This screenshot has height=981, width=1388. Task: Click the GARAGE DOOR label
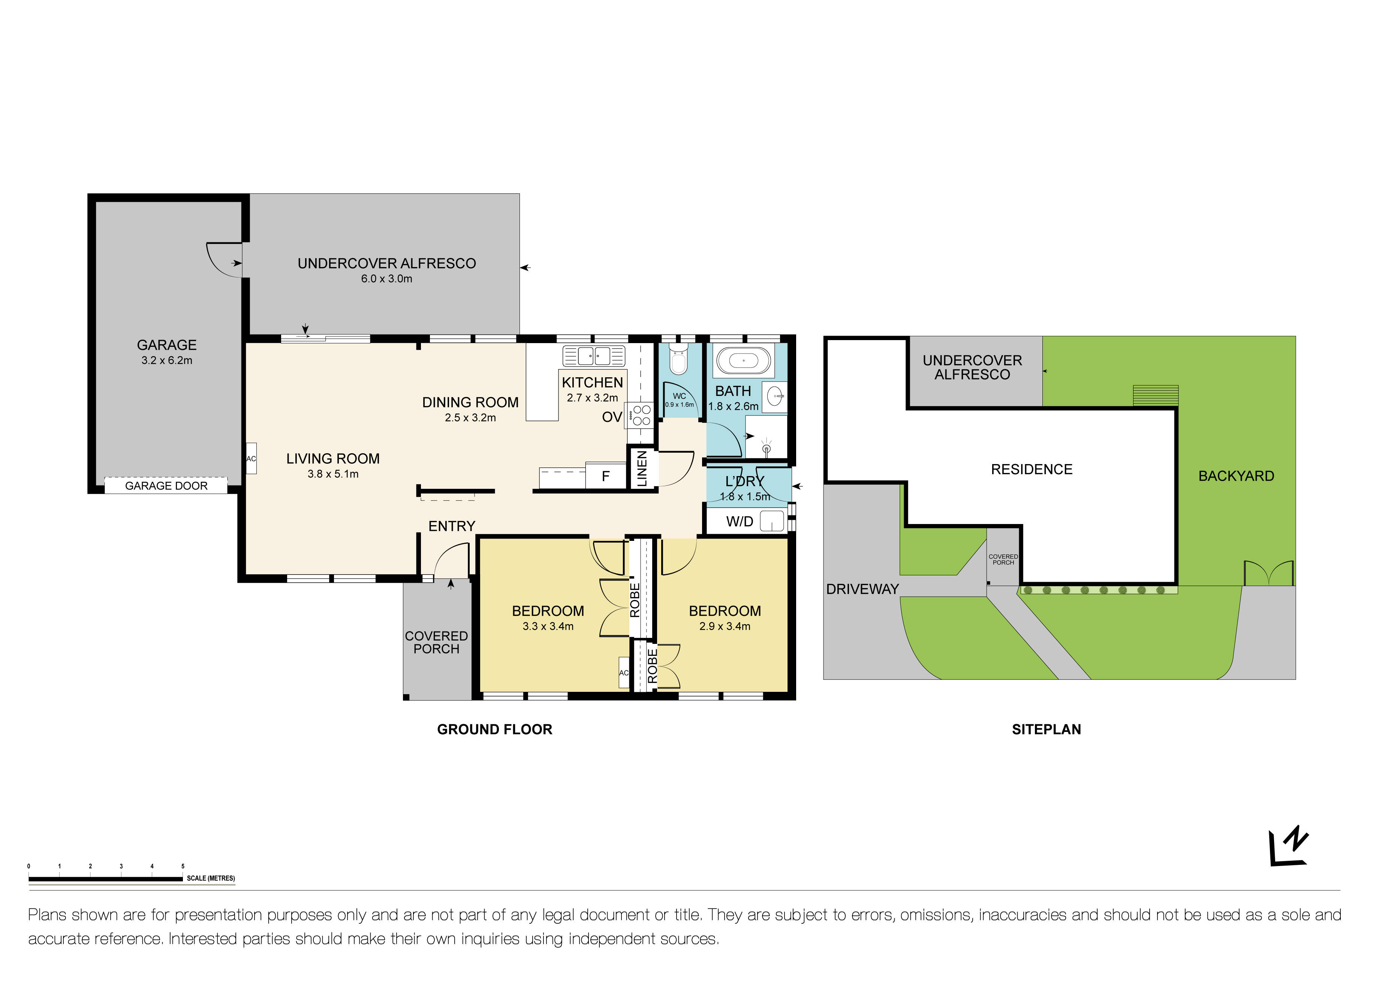(x=166, y=486)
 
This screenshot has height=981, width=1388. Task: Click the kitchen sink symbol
(x=594, y=356)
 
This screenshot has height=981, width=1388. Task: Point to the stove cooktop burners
(x=641, y=415)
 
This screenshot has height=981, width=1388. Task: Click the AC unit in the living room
(x=251, y=458)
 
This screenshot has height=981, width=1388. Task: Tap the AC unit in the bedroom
(x=623, y=672)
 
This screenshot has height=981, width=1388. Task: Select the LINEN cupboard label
(x=642, y=468)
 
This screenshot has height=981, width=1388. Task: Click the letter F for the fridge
(x=606, y=476)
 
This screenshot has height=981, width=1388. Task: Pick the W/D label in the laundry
(x=739, y=521)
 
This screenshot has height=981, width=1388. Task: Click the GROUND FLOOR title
(x=494, y=729)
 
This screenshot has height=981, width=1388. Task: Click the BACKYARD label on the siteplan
(x=1236, y=476)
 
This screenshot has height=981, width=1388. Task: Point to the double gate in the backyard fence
(x=1268, y=573)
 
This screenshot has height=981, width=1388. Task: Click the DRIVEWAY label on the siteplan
(x=862, y=589)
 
